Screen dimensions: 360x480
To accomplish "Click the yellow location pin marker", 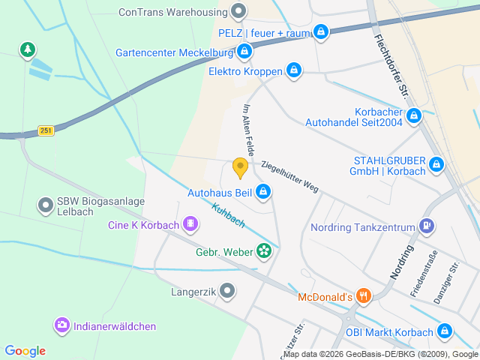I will (240, 168).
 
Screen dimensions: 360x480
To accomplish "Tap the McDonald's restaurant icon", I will (363, 296).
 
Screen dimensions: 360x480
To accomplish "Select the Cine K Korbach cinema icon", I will (190, 224).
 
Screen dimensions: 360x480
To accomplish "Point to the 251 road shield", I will (46, 130).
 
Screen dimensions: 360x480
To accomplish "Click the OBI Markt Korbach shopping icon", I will (445, 331).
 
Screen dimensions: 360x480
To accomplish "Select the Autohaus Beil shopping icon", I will (263, 193).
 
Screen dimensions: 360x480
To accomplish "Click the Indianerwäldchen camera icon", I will (61, 325).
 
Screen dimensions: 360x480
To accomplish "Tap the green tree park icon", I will (28, 49).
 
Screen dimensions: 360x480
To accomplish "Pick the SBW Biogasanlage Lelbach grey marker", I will (46, 203).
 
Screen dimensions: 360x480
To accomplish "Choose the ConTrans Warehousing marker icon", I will (238, 10).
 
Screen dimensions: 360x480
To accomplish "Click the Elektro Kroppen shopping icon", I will (293, 71).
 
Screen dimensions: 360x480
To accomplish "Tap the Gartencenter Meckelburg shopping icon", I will (244, 52).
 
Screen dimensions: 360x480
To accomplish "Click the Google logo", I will (25, 350).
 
